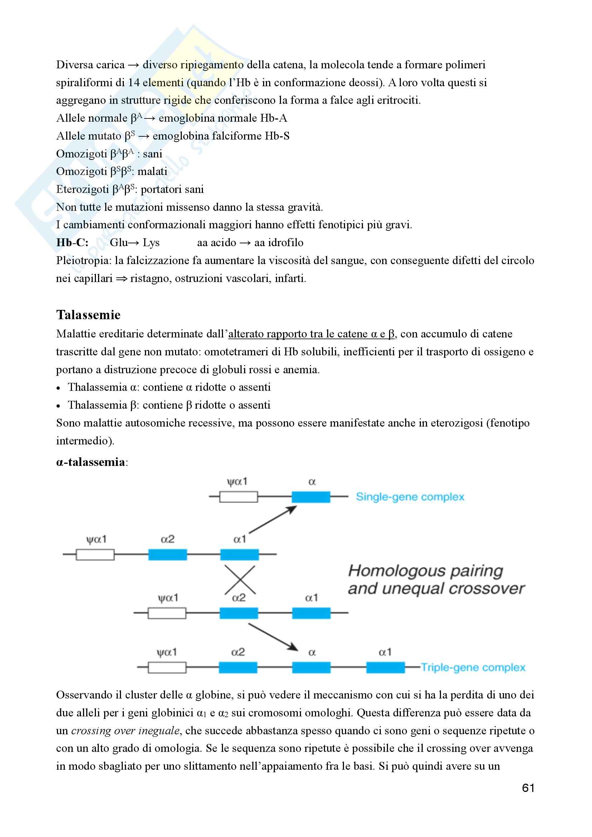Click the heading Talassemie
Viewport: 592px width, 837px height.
(88, 315)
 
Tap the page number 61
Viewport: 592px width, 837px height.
(528, 788)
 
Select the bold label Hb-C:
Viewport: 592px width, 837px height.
(72, 242)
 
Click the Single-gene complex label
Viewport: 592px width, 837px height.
(410, 497)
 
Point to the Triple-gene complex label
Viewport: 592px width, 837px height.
(473, 667)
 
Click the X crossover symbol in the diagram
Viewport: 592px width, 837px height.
(239, 580)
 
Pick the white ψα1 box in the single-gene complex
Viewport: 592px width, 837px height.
(238, 497)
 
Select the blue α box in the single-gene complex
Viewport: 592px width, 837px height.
(311, 497)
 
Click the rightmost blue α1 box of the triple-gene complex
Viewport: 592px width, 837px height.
(385, 667)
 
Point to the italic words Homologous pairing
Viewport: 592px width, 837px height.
(426, 571)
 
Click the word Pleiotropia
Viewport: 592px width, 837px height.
(83, 260)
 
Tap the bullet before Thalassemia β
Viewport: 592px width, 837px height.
(58, 406)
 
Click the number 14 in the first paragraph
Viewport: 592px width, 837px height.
(134, 82)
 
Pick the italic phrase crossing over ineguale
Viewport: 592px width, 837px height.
(125, 731)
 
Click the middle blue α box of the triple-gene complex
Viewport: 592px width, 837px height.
(311, 667)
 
